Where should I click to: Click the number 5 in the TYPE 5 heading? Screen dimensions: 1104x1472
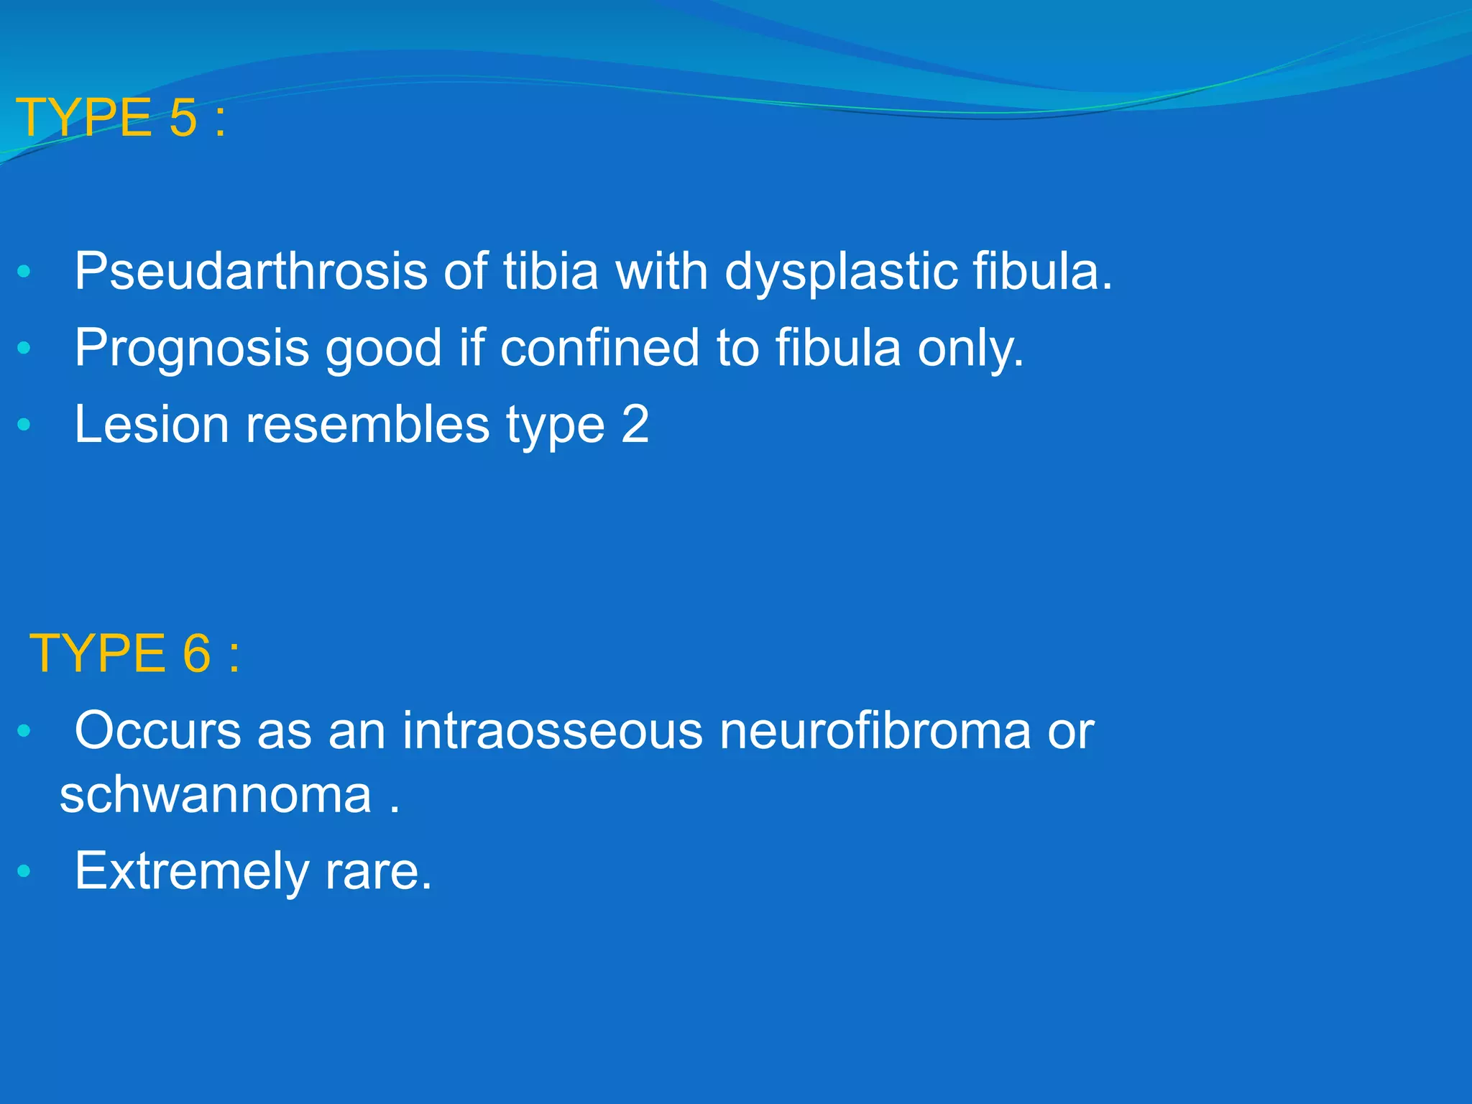(x=183, y=118)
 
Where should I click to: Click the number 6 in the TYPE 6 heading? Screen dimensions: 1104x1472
(x=197, y=653)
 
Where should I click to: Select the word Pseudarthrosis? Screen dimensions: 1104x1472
(x=251, y=272)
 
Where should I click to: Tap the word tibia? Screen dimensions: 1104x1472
(x=550, y=272)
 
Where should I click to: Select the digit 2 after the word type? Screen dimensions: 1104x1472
(x=635, y=424)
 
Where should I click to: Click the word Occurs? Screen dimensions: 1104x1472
(x=157, y=731)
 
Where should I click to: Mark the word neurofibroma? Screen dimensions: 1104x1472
(x=875, y=731)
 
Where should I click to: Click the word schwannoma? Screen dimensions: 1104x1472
(x=216, y=795)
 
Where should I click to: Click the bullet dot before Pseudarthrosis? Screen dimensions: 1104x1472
(x=24, y=272)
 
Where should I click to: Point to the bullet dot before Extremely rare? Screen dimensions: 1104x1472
(x=24, y=872)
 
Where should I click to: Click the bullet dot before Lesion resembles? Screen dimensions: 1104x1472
(x=24, y=424)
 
